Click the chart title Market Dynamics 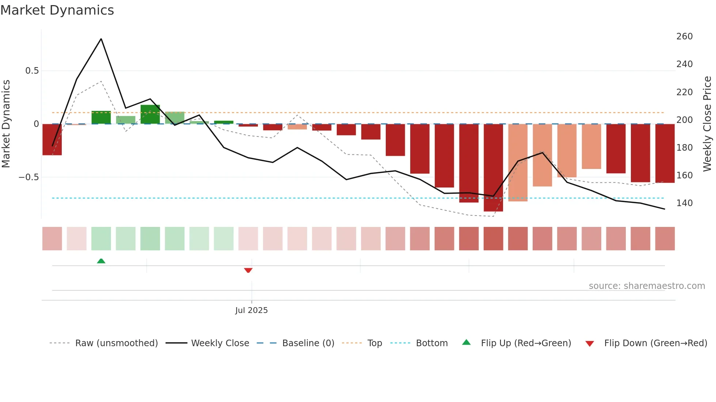point(57,10)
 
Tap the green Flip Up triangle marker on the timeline point(101,261)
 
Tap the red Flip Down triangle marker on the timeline point(248,270)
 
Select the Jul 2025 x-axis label point(251,310)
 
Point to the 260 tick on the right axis point(684,36)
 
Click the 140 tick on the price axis point(684,203)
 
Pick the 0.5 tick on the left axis point(32,71)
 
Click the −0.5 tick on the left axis point(29,177)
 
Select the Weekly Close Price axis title point(707,124)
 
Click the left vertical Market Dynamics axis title point(6,124)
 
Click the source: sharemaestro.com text point(647,286)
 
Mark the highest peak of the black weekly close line point(101,39)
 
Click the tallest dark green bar point(150,114)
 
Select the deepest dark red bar point(493,168)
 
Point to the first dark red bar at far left point(52,140)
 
